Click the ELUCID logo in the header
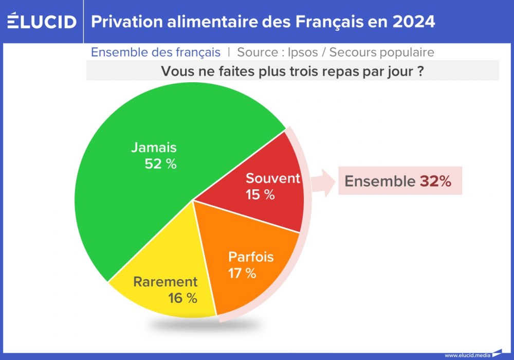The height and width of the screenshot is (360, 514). [42, 22]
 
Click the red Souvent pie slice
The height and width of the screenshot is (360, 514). [252, 201]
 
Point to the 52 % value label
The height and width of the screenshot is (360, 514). [161, 165]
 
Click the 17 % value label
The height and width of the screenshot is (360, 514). [242, 273]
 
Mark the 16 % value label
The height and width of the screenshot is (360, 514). [182, 298]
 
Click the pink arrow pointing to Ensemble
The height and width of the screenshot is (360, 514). [323, 182]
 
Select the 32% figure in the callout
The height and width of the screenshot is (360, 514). [435, 182]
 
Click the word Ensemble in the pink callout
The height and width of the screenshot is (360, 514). [379, 182]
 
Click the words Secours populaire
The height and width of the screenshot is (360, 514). [381, 52]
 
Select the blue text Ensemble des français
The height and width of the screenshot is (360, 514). [156, 52]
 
